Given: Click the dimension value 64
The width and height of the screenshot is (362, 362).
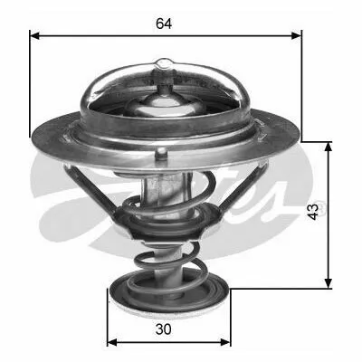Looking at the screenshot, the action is (x=164, y=24).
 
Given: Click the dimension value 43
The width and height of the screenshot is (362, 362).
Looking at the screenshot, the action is (x=314, y=212).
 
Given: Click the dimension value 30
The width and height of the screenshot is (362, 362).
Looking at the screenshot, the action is (x=164, y=329).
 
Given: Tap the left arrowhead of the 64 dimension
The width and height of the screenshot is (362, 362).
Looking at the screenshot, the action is (x=34, y=36).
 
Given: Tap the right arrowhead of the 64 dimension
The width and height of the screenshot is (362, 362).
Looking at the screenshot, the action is (x=296, y=36).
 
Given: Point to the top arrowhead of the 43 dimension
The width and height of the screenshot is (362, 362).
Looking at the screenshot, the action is (x=329, y=147).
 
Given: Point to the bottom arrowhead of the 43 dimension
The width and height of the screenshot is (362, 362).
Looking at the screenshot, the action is (x=329, y=283).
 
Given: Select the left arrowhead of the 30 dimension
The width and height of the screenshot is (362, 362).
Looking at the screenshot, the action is (x=112, y=342).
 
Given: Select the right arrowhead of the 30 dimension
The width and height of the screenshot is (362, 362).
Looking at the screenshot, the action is (x=225, y=342).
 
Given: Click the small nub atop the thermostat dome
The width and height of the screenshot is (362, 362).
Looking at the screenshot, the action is (x=165, y=63).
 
